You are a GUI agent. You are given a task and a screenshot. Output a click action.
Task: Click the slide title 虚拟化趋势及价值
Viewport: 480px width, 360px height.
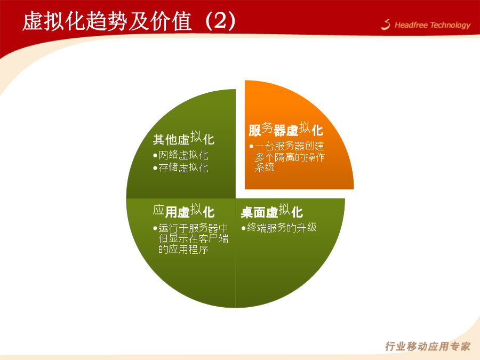coord(107,21)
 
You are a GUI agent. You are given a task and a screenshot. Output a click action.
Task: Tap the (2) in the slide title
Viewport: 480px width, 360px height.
coord(220,21)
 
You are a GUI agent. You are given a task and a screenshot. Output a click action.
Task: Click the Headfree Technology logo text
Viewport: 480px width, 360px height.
coord(433,25)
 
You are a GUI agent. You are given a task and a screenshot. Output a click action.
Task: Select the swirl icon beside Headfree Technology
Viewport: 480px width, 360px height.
coord(386,25)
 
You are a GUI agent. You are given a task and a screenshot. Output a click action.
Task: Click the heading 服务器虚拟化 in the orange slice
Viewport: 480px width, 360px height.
coord(286,130)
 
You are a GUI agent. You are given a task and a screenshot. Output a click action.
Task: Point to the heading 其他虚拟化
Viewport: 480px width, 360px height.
coord(183,138)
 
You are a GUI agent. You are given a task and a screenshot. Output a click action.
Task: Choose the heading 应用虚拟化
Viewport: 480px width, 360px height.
coord(183,211)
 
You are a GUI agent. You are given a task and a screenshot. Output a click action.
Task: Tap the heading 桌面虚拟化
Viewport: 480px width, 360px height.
coord(272,211)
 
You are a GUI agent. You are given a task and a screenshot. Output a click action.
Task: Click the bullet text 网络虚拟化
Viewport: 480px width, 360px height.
coord(183,155)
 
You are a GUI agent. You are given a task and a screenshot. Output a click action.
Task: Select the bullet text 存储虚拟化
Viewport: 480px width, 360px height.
coord(183,168)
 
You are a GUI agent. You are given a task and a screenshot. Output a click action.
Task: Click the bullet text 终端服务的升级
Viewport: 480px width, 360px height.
coord(282,227)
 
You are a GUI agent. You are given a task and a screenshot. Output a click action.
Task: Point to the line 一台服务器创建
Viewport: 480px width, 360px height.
coord(289,146)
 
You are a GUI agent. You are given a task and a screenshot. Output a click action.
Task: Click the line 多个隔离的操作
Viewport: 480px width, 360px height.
coord(290,157)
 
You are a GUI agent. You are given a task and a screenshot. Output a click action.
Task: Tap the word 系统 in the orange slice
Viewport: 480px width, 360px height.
coord(265,167)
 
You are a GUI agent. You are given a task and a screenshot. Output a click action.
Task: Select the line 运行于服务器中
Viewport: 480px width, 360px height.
coord(193,228)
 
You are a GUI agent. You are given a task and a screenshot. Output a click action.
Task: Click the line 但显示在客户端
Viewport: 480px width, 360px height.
coord(193,239)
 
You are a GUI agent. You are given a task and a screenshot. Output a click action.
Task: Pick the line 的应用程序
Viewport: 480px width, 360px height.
coord(183,250)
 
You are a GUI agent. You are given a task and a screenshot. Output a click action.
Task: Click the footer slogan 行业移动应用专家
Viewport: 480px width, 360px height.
coord(428,346)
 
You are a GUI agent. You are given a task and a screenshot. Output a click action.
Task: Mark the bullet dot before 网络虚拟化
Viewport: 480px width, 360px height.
coord(155,156)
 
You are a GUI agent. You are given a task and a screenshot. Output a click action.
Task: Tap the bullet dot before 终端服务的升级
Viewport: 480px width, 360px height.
coord(244,228)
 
